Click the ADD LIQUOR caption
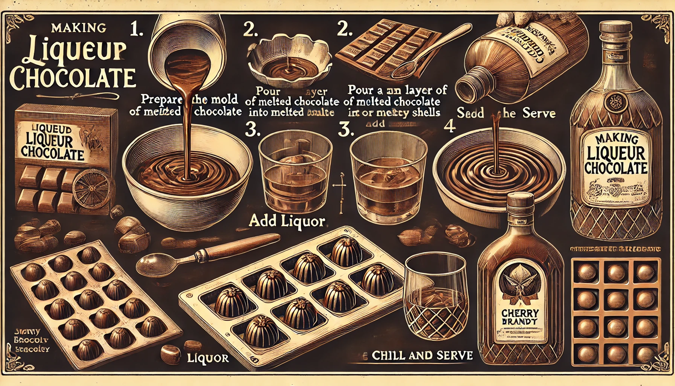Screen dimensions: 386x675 click(x=287, y=221)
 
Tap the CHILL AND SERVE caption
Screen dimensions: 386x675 click(x=422, y=355)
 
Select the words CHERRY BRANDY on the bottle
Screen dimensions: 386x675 click(x=520, y=317)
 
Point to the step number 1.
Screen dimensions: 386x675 click(x=137, y=30)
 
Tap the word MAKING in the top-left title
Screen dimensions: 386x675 click(x=79, y=28)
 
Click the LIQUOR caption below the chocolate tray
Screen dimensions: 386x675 click(x=207, y=358)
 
